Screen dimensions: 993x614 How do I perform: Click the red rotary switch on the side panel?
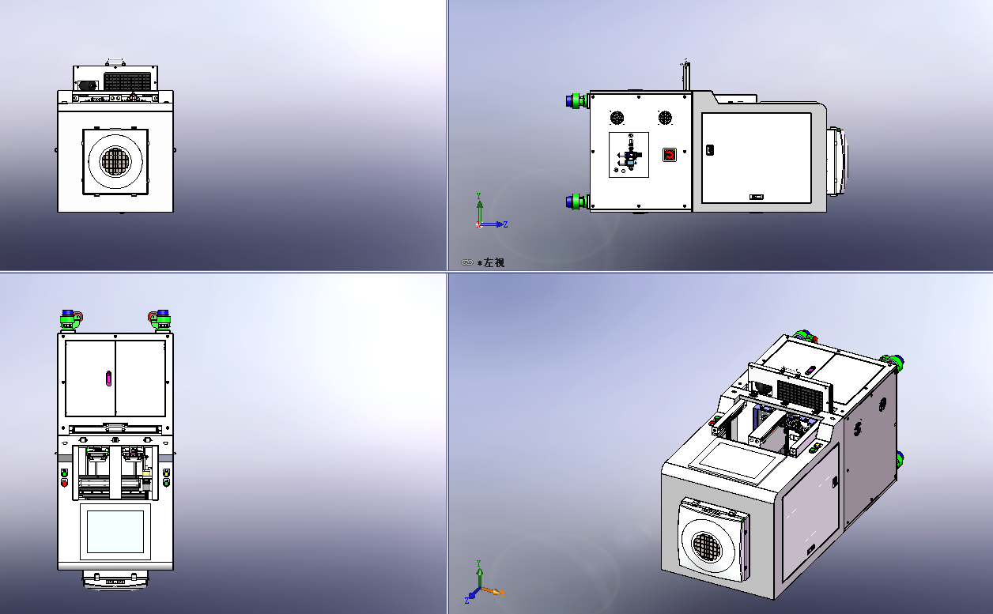[x=670, y=155]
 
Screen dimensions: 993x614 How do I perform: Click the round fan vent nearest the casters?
[x=617, y=118]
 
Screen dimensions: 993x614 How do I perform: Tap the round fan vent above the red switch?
[x=665, y=118]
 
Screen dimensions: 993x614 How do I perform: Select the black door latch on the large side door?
[x=710, y=150]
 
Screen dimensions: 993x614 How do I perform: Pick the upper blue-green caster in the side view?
[x=577, y=100]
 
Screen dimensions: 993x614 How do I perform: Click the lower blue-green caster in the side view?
[x=577, y=202]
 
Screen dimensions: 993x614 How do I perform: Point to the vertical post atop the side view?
[x=685, y=75]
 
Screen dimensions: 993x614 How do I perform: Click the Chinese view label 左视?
[x=494, y=262]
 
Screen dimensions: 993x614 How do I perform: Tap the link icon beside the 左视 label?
[x=466, y=262]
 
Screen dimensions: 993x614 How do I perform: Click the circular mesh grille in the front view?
[x=115, y=161]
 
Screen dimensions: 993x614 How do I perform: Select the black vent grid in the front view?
[x=127, y=81]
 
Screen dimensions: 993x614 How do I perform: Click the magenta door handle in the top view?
[x=108, y=379]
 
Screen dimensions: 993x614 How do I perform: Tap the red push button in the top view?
[x=64, y=483]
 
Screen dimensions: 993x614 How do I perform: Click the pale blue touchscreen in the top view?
[x=115, y=532]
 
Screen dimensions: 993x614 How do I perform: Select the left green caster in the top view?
[x=71, y=320]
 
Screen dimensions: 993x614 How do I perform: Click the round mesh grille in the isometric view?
[x=707, y=546]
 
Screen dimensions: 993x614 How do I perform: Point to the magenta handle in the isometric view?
[x=810, y=370]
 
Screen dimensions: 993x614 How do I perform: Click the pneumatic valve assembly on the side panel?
[x=629, y=155]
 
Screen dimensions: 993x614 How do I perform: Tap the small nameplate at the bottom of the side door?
[x=757, y=197]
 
